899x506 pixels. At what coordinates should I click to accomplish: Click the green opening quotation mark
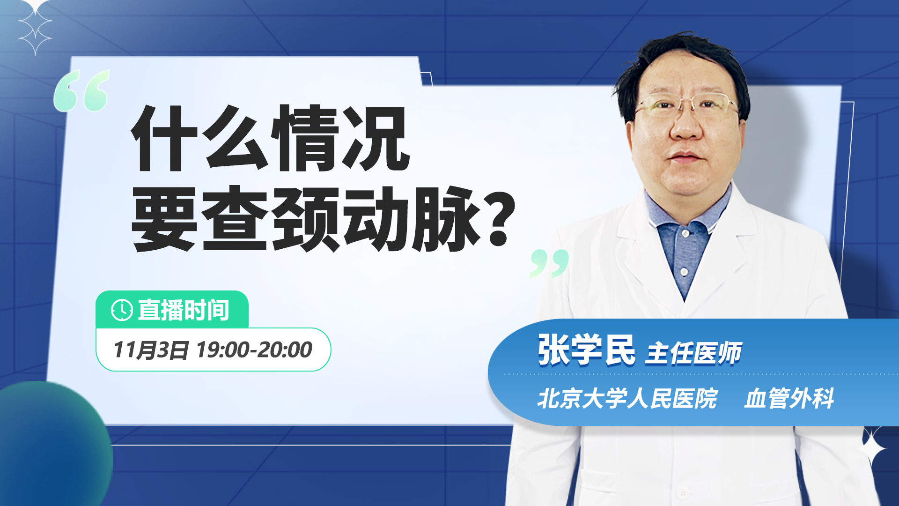(x=81, y=91)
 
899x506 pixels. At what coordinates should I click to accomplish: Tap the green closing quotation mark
(x=549, y=263)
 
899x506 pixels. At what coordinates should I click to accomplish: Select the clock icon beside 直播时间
(x=122, y=310)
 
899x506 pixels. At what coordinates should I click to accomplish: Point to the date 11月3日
(x=151, y=350)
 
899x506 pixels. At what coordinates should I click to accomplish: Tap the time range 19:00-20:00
(x=254, y=350)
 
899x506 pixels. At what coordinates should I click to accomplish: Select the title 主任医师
(x=693, y=353)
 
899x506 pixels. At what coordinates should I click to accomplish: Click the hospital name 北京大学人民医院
(x=627, y=398)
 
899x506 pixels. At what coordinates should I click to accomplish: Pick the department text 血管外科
(x=789, y=398)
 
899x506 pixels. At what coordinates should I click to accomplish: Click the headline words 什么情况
(x=271, y=138)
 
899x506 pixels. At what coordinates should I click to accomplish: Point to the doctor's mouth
(x=685, y=156)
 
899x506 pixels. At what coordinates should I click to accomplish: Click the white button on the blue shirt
(x=684, y=272)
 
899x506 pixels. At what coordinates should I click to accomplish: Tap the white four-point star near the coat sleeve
(x=872, y=449)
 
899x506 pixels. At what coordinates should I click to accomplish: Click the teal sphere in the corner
(x=52, y=445)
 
